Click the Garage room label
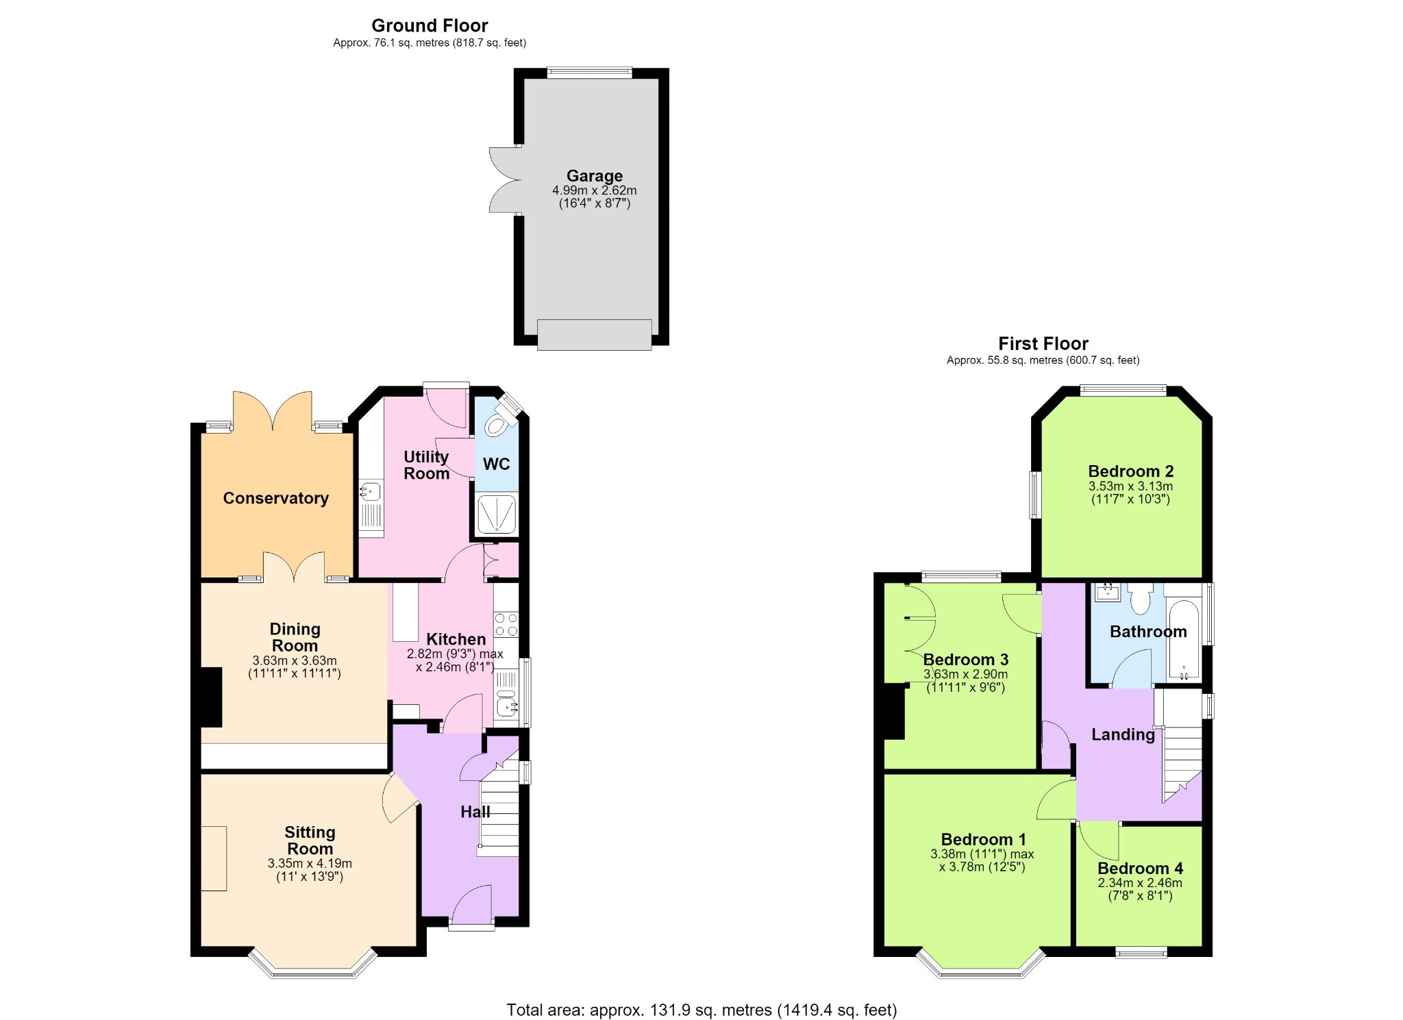594,176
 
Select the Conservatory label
275,498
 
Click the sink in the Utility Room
371,491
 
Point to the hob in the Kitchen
506,624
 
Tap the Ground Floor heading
430,26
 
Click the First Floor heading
1043,343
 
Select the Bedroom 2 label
1130,471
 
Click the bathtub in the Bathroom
1184,640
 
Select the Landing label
1123,735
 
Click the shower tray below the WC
497,514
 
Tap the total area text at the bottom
701,1009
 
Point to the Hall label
475,812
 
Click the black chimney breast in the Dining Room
212,697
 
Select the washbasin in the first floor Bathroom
1108,593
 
